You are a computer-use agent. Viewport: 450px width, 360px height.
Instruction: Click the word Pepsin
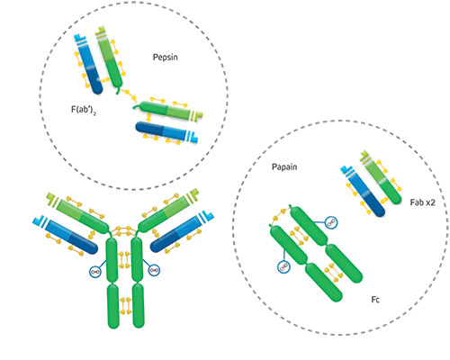[165, 57]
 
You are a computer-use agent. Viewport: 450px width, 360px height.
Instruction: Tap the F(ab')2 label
[84, 110]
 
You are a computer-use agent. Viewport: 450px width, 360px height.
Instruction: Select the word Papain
[284, 166]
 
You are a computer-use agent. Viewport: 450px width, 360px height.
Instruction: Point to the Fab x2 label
[422, 202]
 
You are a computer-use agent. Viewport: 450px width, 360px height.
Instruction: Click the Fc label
[375, 300]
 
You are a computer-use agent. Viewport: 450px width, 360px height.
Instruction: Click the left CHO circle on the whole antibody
[95, 272]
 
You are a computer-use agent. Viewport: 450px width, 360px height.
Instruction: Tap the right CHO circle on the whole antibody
[154, 270]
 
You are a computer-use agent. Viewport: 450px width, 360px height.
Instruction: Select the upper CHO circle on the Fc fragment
[331, 222]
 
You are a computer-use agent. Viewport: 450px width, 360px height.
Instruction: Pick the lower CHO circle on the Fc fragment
[283, 266]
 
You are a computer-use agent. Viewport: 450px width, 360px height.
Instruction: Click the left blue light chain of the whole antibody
[66, 235]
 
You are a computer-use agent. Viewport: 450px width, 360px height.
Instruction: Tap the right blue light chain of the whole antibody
[181, 232]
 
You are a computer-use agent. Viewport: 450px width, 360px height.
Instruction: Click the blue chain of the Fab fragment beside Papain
[363, 191]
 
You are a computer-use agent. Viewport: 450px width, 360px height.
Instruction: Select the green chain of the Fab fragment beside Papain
[381, 177]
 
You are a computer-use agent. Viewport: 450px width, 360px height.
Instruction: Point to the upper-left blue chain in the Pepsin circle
[88, 64]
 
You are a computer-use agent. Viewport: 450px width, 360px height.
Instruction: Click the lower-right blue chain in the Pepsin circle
[166, 131]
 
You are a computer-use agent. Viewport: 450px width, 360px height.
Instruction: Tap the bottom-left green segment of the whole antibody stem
[113, 306]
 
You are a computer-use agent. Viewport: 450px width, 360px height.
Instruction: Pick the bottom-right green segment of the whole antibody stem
[139, 305]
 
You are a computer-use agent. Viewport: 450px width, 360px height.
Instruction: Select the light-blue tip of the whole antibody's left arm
[38, 220]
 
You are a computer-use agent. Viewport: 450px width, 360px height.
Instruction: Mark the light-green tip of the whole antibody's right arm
[193, 194]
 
